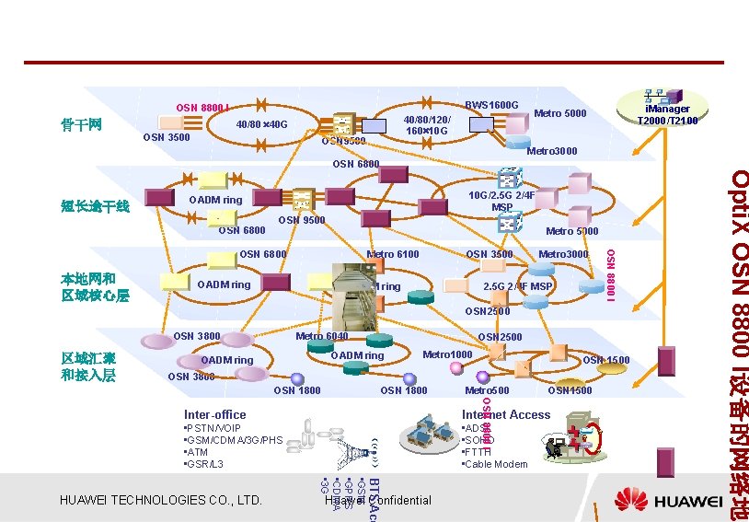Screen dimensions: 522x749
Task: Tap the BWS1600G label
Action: [492, 105]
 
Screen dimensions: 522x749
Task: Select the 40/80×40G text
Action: [262, 124]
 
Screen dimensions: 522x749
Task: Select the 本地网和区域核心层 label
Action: [95, 286]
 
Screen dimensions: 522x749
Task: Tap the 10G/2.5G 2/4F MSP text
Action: [501, 202]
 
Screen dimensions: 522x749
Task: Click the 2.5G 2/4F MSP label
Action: [517, 286]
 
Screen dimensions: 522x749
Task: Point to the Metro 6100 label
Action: [393, 255]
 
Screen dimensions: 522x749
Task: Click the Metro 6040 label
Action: [322, 337]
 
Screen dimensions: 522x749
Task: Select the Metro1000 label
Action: [447, 354]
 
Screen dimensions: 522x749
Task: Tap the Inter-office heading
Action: [215, 415]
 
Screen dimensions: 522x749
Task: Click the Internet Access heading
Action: [506, 415]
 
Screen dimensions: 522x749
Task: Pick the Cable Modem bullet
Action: [496, 464]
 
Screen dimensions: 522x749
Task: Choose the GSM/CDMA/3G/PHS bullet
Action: [235, 440]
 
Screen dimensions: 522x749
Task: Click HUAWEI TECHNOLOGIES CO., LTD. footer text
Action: [160, 500]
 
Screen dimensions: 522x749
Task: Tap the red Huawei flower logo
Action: [631, 500]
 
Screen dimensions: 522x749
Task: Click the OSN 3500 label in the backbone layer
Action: [167, 138]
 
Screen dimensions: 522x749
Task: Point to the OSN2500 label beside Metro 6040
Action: [501, 337]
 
